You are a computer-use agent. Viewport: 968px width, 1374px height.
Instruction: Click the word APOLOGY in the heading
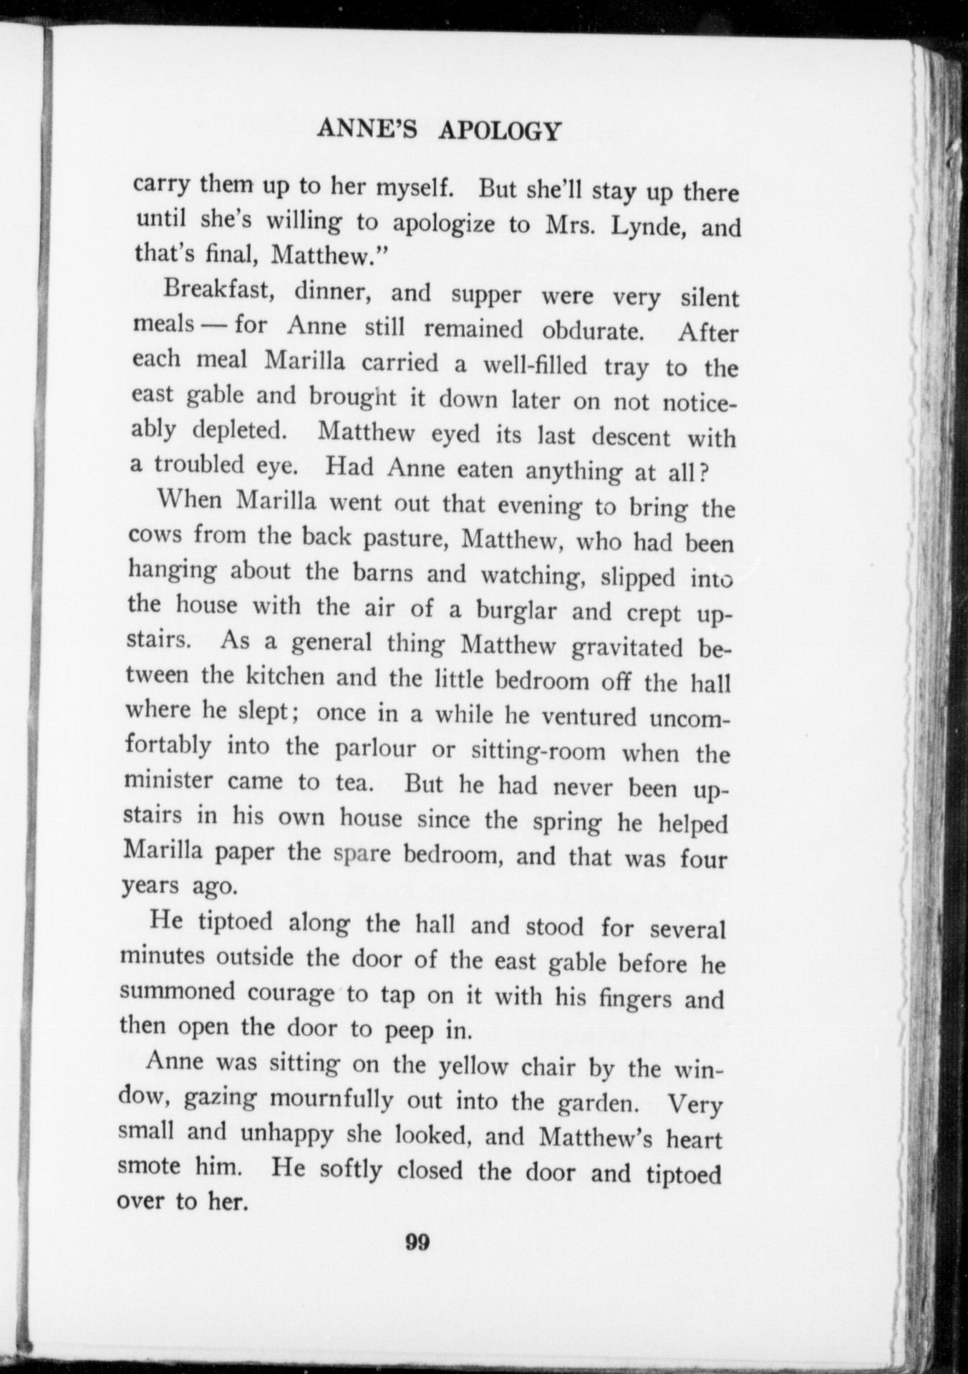click(x=498, y=132)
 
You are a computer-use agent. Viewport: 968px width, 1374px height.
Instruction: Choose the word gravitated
click(x=628, y=647)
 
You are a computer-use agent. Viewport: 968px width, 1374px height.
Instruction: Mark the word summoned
click(x=177, y=991)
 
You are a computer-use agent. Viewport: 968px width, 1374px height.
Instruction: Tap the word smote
click(x=148, y=1165)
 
